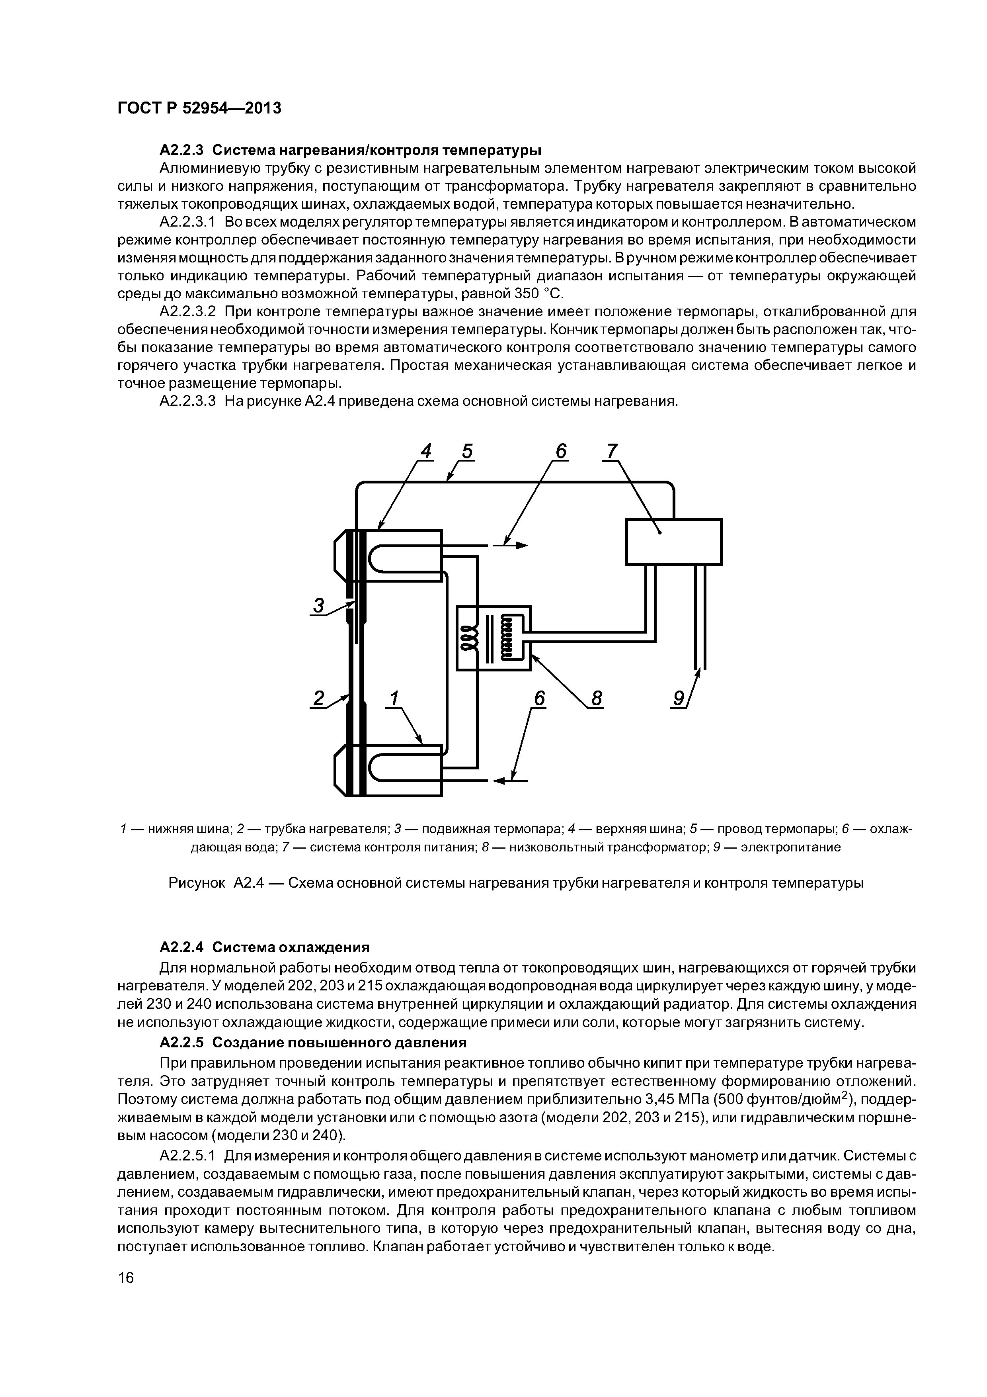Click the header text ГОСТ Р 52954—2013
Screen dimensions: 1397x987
199,108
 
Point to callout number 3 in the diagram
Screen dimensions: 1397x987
318,605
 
